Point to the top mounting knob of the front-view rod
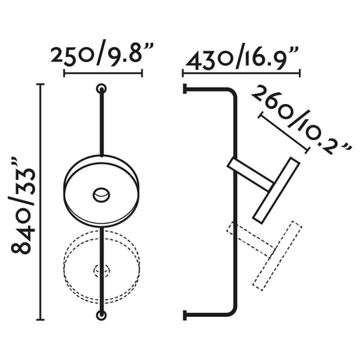(x=101, y=87)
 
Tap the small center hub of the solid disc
(x=101, y=193)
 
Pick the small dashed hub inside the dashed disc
(x=101, y=271)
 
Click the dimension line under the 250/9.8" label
(x=102, y=75)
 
